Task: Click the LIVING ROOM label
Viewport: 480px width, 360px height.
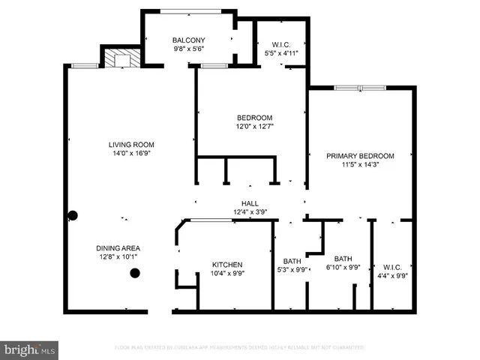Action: (x=131, y=145)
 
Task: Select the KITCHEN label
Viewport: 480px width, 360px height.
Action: (x=226, y=265)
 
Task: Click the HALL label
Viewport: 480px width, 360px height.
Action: (x=250, y=203)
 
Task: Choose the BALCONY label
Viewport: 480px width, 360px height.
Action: (x=188, y=40)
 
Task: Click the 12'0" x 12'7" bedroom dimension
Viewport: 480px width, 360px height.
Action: (x=254, y=126)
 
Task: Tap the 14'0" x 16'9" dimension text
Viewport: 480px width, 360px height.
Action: (x=131, y=154)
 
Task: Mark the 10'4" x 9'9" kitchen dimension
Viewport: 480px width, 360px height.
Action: (x=226, y=274)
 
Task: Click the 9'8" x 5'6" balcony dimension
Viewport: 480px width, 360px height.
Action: (x=188, y=49)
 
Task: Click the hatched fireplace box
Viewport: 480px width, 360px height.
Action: (x=117, y=59)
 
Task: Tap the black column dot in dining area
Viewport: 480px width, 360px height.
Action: (x=135, y=273)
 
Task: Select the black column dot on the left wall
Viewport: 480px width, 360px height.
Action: (x=73, y=216)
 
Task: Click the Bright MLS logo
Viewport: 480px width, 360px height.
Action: (x=30, y=349)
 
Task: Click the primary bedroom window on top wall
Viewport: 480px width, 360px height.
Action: (x=359, y=88)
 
